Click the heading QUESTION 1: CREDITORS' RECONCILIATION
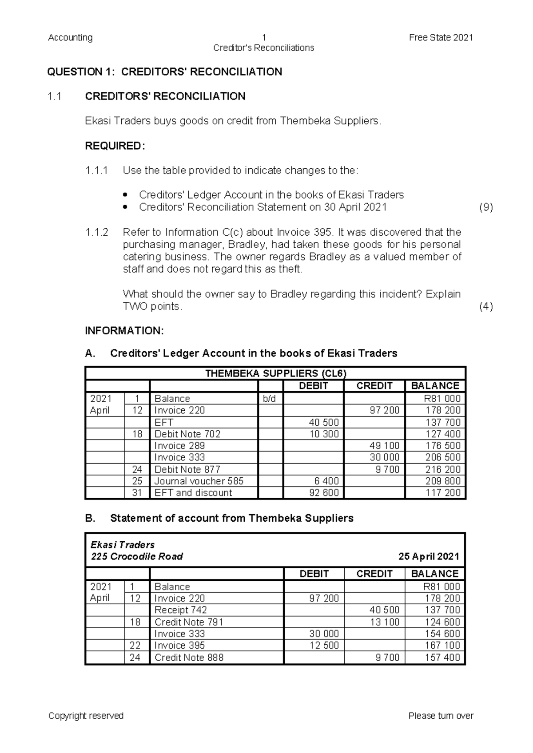tap(165, 72)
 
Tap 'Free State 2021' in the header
tap(441, 38)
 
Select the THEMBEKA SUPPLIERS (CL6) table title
tap(275, 373)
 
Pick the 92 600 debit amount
tap(324, 492)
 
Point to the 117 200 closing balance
tap(443, 492)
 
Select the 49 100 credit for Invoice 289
tap(384, 445)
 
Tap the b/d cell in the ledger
tap(269, 399)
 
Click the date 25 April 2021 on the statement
tap(429, 557)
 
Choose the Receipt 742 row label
tap(180, 610)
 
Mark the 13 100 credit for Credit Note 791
tap(384, 622)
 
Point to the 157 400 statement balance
tap(442, 658)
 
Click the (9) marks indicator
tap(486, 207)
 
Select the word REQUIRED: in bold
tap(115, 146)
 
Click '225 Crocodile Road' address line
tap(137, 557)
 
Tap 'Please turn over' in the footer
tap(441, 716)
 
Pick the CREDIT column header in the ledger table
tap(374, 386)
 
